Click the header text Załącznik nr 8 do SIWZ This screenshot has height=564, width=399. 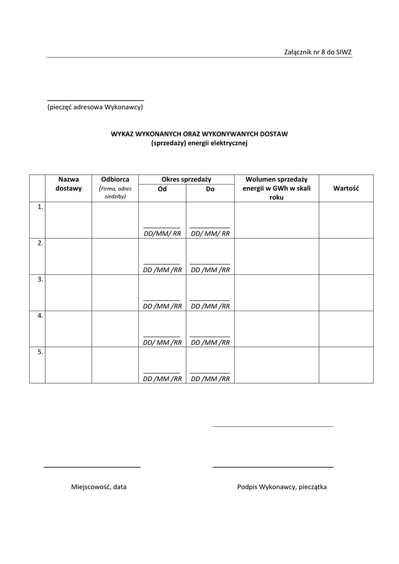click(317, 52)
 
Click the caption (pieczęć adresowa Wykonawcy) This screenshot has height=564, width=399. click(95, 107)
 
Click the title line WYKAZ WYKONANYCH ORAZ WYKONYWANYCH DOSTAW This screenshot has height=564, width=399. click(199, 134)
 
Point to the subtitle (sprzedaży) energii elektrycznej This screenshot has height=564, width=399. click(199, 143)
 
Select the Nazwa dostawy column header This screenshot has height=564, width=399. click(68, 184)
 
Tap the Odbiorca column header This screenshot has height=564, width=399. click(115, 180)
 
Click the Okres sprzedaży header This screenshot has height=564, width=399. click(186, 180)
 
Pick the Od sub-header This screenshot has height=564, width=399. click(162, 189)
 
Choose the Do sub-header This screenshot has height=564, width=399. click(210, 189)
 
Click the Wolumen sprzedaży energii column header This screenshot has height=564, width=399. click(276, 188)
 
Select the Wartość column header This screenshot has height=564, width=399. click(346, 188)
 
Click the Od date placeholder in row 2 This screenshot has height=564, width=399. click(162, 270)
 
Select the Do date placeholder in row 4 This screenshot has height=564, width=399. click(210, 343)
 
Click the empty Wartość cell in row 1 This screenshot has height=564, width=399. click(346, 220)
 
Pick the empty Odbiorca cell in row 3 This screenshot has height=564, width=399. click(115, 292)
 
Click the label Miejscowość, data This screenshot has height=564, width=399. click(99, 487)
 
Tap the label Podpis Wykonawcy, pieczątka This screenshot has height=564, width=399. click(282, 487)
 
